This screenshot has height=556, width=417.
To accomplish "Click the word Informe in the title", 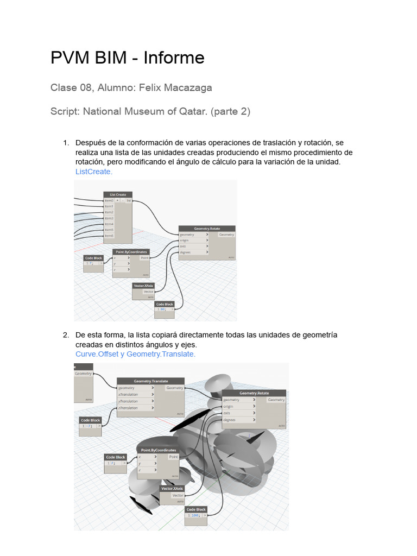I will click(174, 58).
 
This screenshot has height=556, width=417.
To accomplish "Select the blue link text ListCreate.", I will click(93, 172).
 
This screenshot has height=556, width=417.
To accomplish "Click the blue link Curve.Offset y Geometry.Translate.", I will click(135, 354).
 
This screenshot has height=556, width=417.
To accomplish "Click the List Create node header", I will click(118, 194).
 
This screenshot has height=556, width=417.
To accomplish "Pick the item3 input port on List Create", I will click(109, 218).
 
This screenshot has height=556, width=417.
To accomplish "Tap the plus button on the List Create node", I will click(117, 200).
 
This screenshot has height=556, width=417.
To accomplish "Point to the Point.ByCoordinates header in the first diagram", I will click(130, 252).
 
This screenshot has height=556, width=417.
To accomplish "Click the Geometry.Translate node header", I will click(150, 381).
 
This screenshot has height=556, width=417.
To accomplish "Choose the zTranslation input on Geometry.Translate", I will click(129, 408).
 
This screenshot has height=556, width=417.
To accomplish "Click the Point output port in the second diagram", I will click(172, 458).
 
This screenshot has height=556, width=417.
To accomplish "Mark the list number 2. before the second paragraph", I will click(66, 335).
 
